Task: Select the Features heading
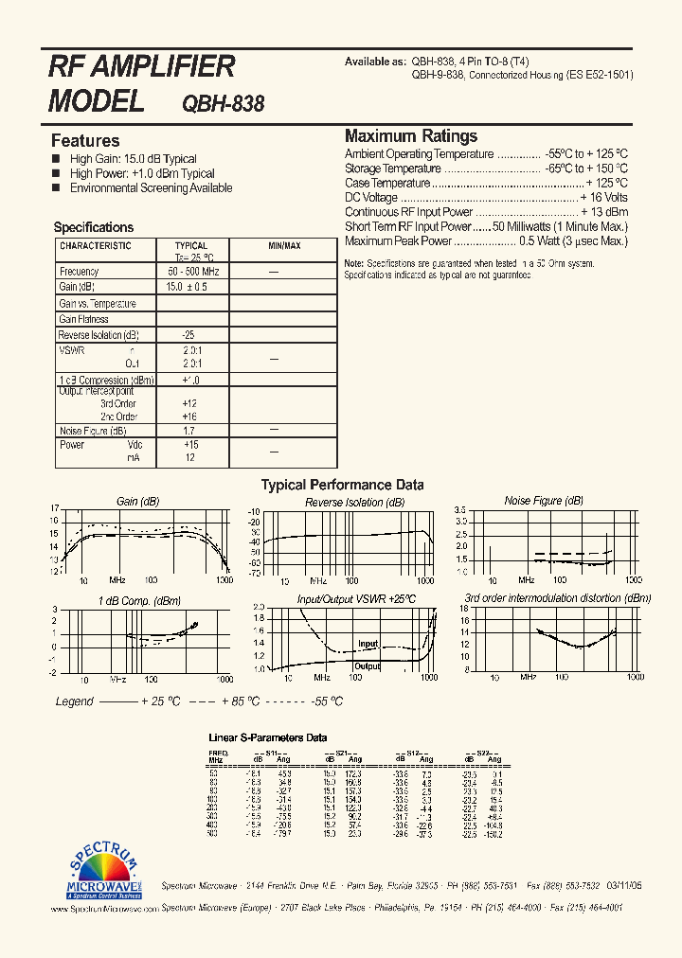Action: (85, 141)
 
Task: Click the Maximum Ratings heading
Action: (411, 135)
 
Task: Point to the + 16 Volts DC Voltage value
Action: (603, 198)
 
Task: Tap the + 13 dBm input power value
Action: (604, 212)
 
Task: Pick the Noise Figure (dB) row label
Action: (92, 431)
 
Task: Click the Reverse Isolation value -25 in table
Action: (188, 335)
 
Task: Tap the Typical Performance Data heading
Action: (342, 485)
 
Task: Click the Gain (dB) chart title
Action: (137, 502)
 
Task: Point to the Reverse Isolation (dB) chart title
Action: (354, 502)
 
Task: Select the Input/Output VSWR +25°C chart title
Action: (356, 600)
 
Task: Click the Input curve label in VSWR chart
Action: (368, 644)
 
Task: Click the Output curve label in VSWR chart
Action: (367, 666)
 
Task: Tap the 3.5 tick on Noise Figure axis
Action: (460, 510)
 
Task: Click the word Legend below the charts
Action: (75, 701)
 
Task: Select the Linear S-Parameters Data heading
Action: (268, 737)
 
